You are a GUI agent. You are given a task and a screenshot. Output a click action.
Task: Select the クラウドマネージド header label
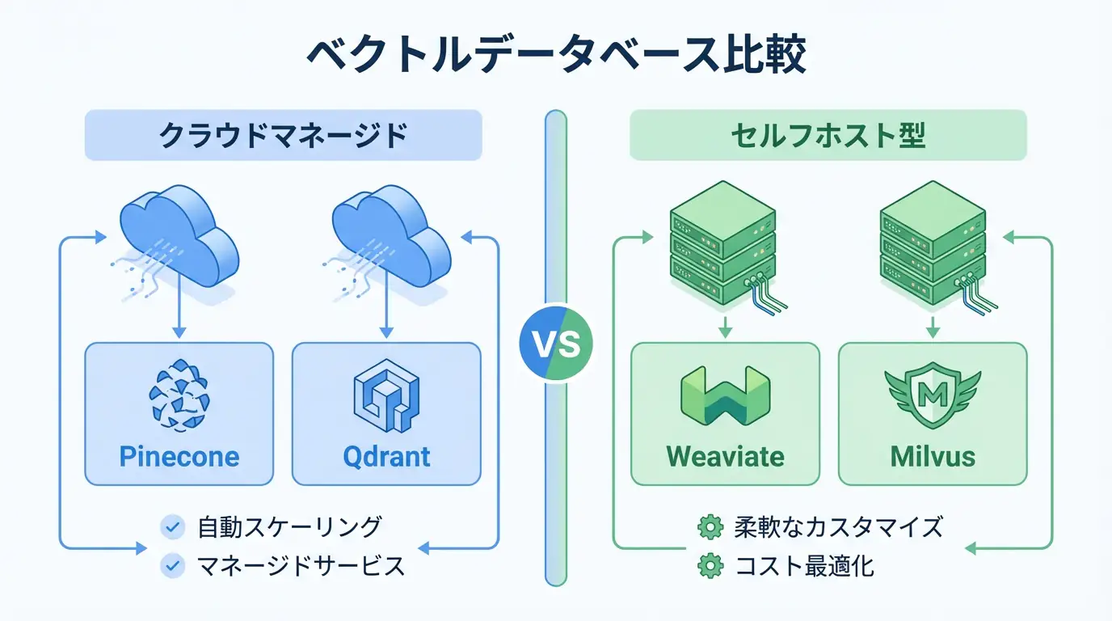point(283,135)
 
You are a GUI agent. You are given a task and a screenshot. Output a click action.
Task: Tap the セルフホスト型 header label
point(828,135)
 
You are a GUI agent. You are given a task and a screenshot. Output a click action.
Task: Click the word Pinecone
point(179,456)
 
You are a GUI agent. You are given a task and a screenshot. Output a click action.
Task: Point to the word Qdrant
point(386,456)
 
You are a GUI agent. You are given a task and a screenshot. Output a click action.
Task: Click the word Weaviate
point(725,456)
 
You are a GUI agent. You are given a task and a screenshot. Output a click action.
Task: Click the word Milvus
point(933,456)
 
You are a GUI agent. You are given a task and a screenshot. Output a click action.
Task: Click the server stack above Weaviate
point(723,243)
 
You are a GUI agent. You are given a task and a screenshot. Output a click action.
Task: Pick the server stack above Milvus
point(931,243)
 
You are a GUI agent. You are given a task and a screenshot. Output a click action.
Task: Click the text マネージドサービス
point(301,566)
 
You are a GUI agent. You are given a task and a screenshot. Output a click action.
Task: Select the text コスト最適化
point(804,566)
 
